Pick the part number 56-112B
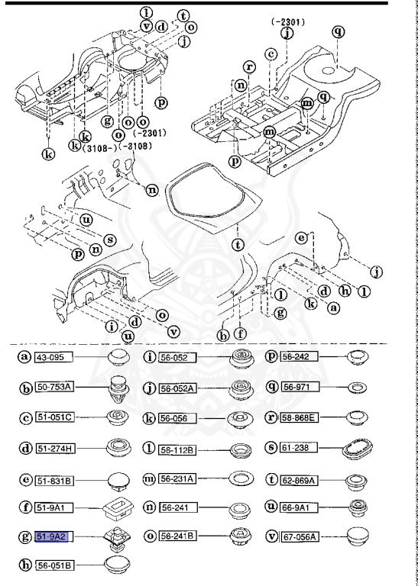coord(177,447)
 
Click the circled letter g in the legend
coord(24,537)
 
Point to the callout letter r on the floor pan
coord(248,68)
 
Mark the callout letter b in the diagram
coord(223,333)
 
